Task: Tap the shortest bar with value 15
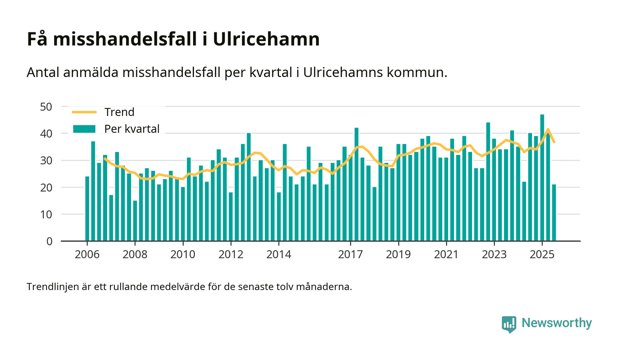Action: click(x=135, y=221)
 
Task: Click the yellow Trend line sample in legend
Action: click(x=84, y=112)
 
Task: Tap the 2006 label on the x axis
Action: click(x=87, y=255)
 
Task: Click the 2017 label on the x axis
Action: click(x=351, y=255)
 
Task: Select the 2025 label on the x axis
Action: click(x=542, y=255)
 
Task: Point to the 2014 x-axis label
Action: click(x=279, y=255)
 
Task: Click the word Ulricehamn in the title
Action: click(x=267, y=39)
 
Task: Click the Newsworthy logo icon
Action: click(x=509, y=324)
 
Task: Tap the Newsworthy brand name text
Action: click(x=556, y=323)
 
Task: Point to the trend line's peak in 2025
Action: click(x=548, y=129)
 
